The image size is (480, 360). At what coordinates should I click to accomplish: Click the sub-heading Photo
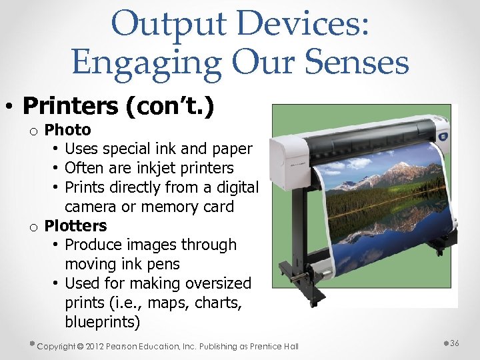tap(67, 129)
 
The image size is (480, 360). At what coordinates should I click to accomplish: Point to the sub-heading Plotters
tap(75, 225)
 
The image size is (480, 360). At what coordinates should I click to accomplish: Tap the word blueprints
tap(103, 323)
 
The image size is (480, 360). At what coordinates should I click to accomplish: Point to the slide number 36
tap(455, 343)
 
